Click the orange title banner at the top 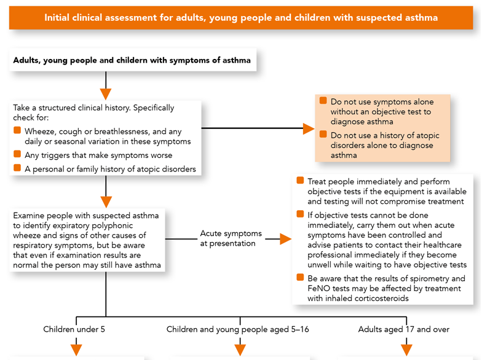pyautogui.click(x=241, y=18)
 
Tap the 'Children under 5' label pyautogui.click(x=74, y=329)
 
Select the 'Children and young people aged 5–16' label pyautogui.click(x=237, y=329)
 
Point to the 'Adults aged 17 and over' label pyautogui.click(x=403, y=329)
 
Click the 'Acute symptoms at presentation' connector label pyautogui.click(x=231, y=238)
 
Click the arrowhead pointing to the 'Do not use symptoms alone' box pyautogui.click(x=309, y=128)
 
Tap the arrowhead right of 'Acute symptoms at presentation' pyautogui.click(x=285, y=239)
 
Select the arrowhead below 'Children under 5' pyautogui.click(x=76, y=350)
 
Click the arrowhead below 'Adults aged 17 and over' pyautogui.click(x=406, y=350)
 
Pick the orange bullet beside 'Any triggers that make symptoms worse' pyautogui.click(x=17, y=154)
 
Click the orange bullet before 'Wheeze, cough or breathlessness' pyautogui.click(x=17, y=130)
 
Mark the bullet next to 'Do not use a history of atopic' pyautogui.click(x=323, y=134)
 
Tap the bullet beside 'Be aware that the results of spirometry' pyautogui.click(x=300, y=278)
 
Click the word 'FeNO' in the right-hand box pyautogui.click(x=318, y=289)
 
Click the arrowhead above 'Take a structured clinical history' pyautogui.click(x=106, y=94)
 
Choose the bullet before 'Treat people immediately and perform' pyautogui.click(x=300, y=181)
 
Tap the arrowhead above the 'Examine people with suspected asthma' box pyautogui.click(x=106, y=202)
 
